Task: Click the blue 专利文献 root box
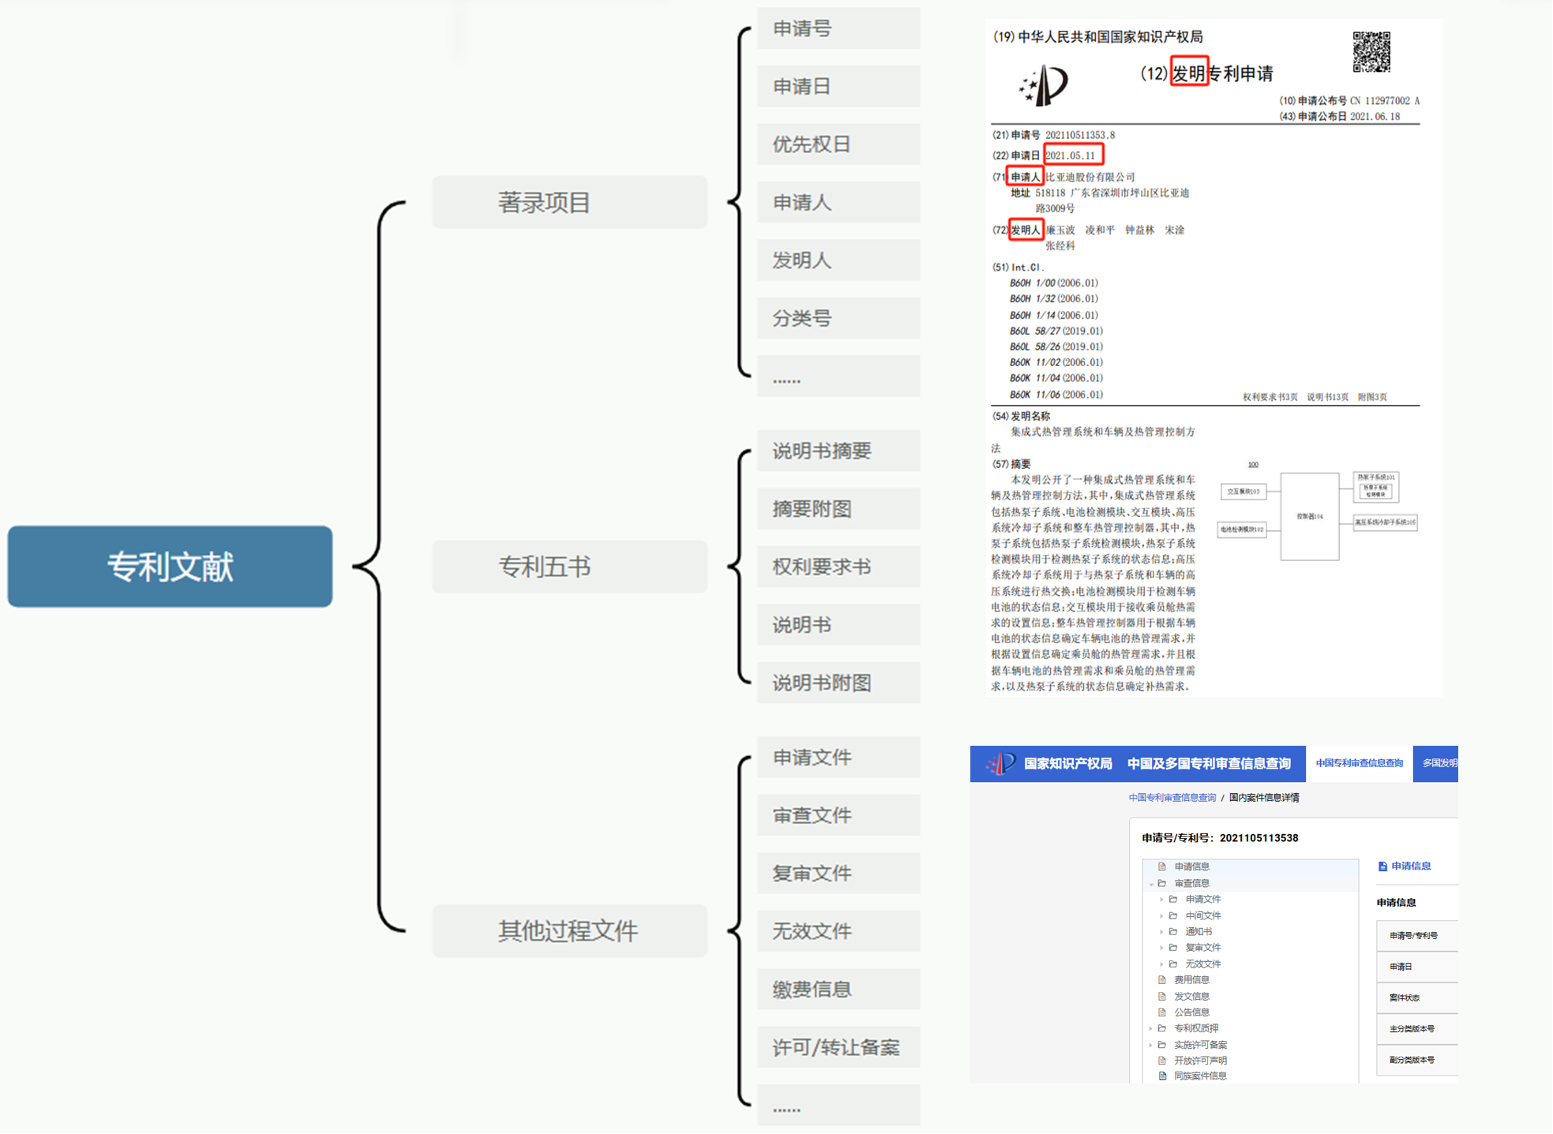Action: coord(170,566)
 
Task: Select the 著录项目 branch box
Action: coord(568,202)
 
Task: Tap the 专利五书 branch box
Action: coord(568,566)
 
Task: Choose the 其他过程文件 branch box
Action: coord(568,930)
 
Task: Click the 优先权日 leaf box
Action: coord(838,144)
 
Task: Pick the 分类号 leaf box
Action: coord(838,318)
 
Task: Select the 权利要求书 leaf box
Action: coord(838,567)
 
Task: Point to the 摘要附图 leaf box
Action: coord(838,509)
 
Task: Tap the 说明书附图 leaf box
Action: coord(838,683)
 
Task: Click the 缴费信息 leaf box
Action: coord(838,989)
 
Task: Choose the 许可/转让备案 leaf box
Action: coord(838,1047)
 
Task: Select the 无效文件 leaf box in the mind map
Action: coord(838,931)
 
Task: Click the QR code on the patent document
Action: coord(1371,52)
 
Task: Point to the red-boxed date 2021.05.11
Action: coord(1073,155)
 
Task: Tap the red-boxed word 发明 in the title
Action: coord(1188,73)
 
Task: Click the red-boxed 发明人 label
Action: coord(1026,230)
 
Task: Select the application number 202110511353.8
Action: coord(1080,135)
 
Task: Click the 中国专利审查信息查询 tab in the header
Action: coord(1359,763)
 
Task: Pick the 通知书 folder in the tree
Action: coord(1199,931)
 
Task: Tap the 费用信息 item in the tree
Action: coord(1191,979)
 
